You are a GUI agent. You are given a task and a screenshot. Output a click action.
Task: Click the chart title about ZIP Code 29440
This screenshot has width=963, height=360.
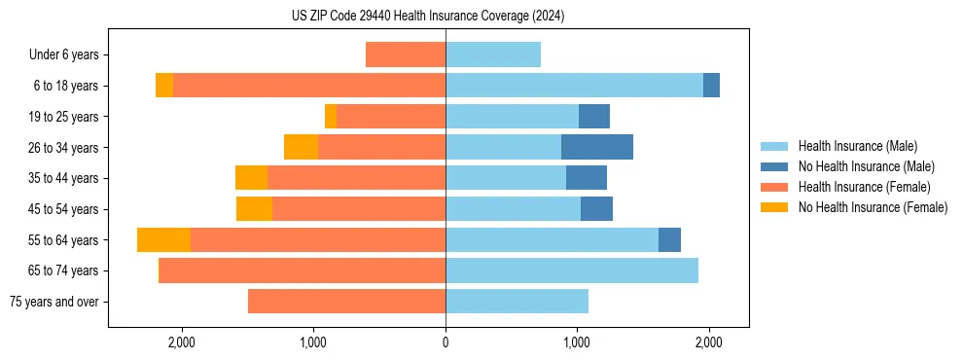(428, 17)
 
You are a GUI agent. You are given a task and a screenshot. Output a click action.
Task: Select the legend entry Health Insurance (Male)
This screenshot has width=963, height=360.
(857, 146)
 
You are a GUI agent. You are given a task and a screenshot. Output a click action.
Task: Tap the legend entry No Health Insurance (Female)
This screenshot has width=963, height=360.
(873, 207)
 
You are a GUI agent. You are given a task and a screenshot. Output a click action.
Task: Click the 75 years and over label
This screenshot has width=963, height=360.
(54, 302)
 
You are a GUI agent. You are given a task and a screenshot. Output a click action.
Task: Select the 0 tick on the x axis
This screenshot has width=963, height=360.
(446, 342)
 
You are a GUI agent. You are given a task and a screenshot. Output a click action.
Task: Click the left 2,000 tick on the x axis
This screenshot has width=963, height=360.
(182, 342)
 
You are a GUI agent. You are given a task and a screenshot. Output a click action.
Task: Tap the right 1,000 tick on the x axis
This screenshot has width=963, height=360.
(577, 342)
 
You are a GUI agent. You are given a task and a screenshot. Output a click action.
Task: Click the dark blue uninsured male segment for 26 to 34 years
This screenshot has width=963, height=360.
(597, 147)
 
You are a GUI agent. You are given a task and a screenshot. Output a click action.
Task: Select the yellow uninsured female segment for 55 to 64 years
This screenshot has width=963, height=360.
(163, 240)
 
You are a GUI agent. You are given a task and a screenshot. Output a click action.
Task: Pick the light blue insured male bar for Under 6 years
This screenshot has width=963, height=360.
(493, 55)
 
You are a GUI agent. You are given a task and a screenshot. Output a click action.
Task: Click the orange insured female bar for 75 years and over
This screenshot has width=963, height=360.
(346, 302)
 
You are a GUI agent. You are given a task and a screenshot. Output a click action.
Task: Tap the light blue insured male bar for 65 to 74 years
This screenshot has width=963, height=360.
(572, 270)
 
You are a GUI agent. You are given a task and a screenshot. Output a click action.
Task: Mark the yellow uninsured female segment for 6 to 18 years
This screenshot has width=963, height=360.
(164, 86)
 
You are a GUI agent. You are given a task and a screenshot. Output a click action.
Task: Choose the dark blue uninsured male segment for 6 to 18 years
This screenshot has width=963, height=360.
(711, 86)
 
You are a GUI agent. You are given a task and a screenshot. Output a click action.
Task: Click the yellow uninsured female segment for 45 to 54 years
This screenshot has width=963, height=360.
(254, 209)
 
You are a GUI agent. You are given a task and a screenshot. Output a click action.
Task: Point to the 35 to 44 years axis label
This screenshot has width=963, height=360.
(64, 178)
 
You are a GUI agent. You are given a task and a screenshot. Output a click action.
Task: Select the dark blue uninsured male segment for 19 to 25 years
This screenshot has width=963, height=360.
(594, 117)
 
